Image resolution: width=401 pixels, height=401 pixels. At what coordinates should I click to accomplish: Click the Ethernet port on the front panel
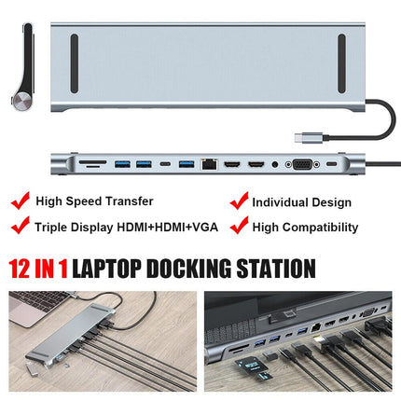[209, 164]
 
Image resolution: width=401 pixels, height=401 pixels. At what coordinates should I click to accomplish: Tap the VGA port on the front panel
[302, 164]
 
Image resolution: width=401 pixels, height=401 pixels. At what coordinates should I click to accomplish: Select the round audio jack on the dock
[274, 164]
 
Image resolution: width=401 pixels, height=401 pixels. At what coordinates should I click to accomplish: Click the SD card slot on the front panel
[92, 162]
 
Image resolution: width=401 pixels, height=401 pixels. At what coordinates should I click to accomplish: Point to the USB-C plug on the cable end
[309, 137]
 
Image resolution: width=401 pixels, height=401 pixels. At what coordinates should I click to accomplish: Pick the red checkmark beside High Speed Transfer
[21, 200]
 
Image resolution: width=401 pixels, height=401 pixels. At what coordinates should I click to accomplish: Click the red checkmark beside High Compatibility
[240, 225]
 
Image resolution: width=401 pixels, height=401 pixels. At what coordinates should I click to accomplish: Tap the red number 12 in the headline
[21, 268]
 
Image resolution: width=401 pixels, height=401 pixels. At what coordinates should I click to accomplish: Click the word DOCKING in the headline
[188, 268]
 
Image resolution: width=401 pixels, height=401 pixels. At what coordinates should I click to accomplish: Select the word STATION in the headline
[276, 268]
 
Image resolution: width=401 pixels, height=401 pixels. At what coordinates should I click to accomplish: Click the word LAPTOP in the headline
[106, 268]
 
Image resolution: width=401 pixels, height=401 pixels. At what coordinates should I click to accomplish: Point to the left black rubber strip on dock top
[75, 63]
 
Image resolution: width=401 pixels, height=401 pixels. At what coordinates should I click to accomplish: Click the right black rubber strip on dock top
[341, 63]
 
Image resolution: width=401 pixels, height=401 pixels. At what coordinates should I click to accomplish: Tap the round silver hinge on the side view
[21, 101]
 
